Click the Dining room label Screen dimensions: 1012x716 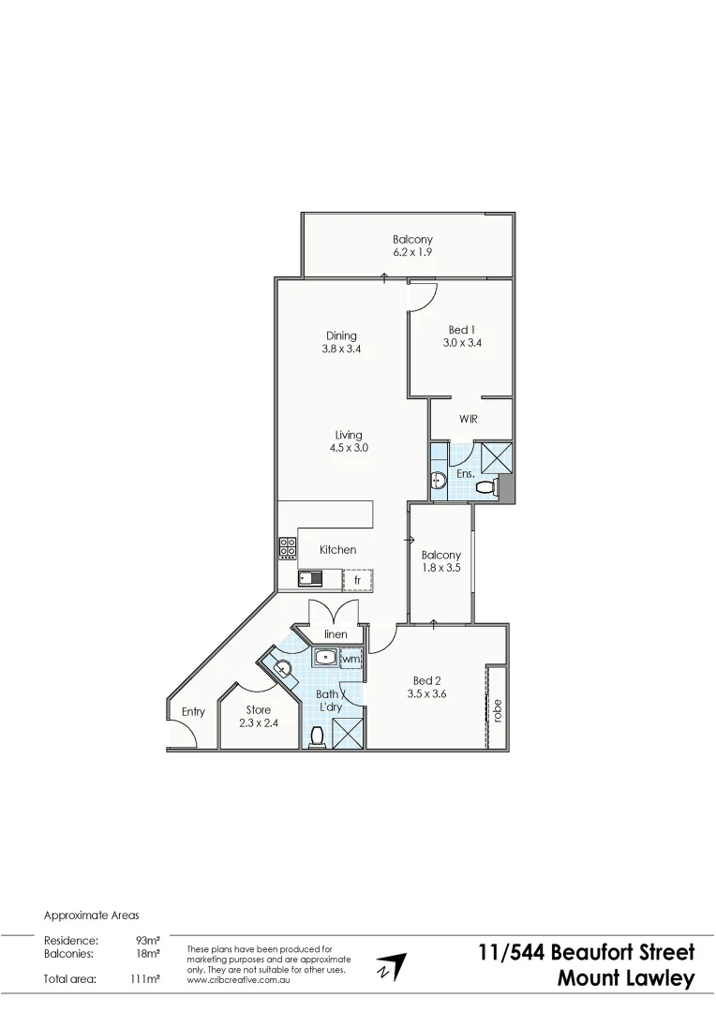tap(341, 336)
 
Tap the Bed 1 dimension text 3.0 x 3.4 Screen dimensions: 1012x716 tap(462, 343)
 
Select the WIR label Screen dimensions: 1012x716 tap(469, 419)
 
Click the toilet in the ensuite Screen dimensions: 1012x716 tap(485, 487)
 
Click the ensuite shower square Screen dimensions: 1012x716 tap(495, 457)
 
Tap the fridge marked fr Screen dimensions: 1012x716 tap(357, 581)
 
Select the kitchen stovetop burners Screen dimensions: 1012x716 tap(288, 548)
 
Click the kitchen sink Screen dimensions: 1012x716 tap(310, 579)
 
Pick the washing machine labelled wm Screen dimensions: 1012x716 tap(351, 660)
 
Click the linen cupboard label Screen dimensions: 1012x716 tap(336, 634)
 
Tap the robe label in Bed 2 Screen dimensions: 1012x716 tap(498, 710)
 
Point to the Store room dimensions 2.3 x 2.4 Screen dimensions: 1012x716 tap(259, 722)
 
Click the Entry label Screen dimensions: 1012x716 tap(193, 712)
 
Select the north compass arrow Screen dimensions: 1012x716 tap(392, 967)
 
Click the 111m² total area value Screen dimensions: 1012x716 tap(144, 979)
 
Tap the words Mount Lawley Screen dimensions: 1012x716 tap(626, 979)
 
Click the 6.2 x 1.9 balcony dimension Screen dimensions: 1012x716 tap(412, 252)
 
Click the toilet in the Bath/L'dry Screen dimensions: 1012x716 tap(316, 738)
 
